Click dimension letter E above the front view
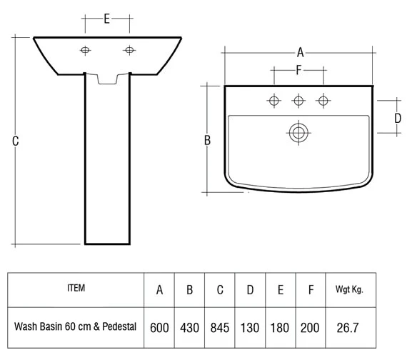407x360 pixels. [106, 19]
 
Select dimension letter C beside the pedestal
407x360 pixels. [15, 141]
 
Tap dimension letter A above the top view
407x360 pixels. [301, 52]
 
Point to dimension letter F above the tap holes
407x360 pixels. [298, 71]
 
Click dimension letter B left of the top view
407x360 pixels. [207, 141]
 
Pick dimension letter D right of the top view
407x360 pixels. [398, 118]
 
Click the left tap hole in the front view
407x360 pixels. [85, 50]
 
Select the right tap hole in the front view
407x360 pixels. [129, 50]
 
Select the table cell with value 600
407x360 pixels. [159, 328]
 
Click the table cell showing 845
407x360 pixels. [220, 328]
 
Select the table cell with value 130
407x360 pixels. [250, 328]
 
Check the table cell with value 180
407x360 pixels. [281, 328]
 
